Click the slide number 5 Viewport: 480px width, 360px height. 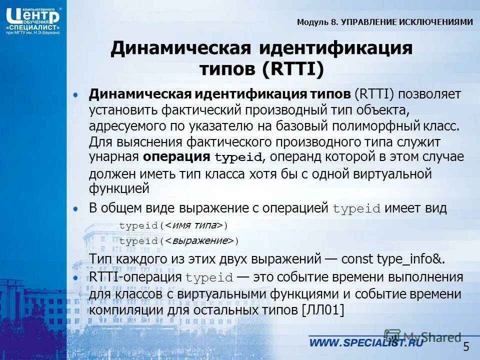[466, 346]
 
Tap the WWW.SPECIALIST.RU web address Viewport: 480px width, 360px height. [365, 342]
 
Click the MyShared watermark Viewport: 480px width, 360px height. [422, 336]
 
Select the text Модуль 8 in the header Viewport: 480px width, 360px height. [318, 22]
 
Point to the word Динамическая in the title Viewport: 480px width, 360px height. [180, 49]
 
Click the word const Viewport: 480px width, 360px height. [357, 259]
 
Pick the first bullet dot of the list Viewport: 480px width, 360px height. [75, 94]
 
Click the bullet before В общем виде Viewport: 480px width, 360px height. [75, 207]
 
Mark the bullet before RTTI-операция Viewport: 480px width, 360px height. [75, 276]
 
